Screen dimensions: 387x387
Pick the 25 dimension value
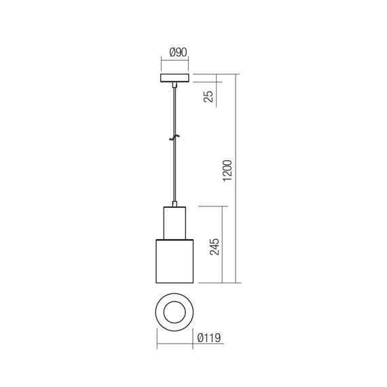point(208,97)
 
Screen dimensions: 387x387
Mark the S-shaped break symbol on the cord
point(175,137)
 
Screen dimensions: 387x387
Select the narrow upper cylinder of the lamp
point(175,223)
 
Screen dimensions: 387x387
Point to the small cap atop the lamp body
point(175,203)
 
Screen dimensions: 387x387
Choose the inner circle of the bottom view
point(175,312)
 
